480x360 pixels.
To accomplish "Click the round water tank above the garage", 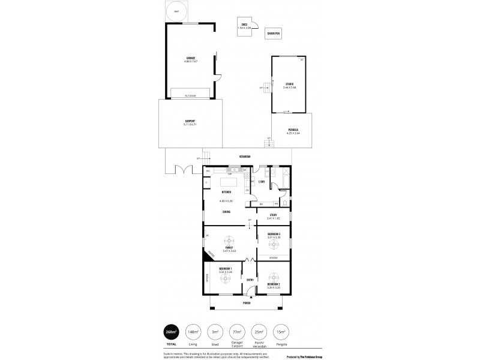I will click(x=176, y=11).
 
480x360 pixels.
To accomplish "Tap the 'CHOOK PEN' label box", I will click(x=274, y=34).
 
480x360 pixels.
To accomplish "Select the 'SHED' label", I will click(x=244, y=25).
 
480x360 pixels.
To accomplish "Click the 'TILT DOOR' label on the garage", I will click(x=190, y=95).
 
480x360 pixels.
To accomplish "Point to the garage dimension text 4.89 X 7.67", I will click(x=191, y=62).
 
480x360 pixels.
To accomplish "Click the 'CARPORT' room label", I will click(x=190, y=122).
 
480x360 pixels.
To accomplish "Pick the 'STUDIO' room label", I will click(x=290, y=85).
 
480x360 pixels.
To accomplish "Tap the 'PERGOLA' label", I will click(x=293, y=130).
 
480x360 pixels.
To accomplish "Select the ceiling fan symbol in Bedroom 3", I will click(x=274, y=243).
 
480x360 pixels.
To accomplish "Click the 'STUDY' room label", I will click(x=273, y=214).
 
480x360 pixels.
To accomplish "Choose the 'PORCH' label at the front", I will click(x=246, y=303).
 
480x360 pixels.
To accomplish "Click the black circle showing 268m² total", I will click(x=173, y=331).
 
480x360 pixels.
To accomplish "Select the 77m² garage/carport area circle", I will click(x=237, y=331).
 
